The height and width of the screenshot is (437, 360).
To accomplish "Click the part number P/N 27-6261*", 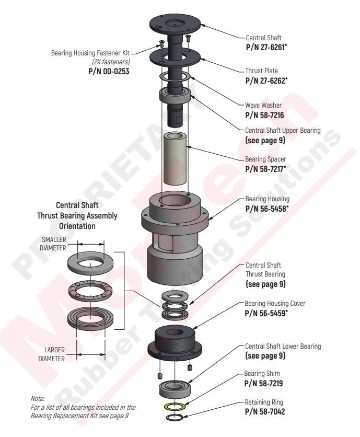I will tap(266, 47).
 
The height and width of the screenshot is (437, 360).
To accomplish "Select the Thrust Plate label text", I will tap(261, 71).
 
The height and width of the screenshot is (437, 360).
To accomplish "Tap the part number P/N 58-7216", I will tap(264, 115).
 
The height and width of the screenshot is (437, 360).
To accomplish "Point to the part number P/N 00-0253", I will tap(109, 71).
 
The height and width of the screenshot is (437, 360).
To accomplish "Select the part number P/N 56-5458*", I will tap(267, 209).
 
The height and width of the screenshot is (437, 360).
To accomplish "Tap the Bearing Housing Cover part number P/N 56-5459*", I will tap(266, 313).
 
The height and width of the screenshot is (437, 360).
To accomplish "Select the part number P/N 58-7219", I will tap(264, 383).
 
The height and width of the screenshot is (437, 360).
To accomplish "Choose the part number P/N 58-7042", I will tap(264, 412).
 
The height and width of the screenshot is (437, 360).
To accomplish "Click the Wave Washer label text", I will tap(263, 106).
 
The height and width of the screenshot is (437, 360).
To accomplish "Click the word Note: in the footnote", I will tap(38, 398).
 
